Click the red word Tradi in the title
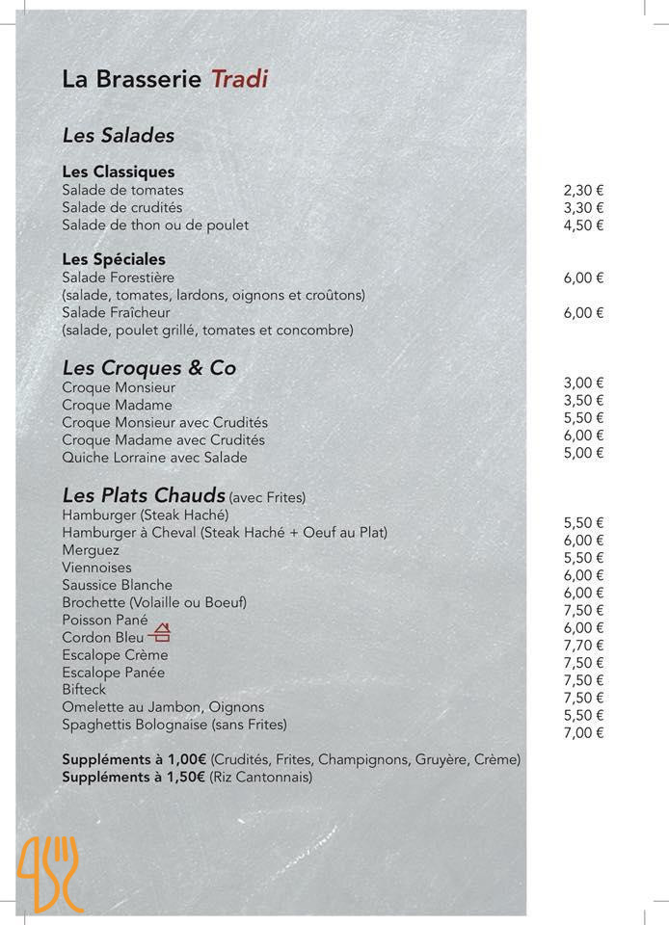coord(239,79)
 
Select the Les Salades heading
coord(118,136)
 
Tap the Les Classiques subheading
coord(119,172)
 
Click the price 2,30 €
coord(583,191)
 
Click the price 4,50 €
coord(583,225)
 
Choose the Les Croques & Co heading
coord(148,368)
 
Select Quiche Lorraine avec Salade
coord(154,458)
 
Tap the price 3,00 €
coord(583,383)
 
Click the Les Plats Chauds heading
coord(144,495)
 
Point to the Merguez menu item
coord(91,550)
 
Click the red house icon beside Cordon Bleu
coord(161,633)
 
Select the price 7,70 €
coord(583,646)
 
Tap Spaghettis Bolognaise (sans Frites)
coord(174,724)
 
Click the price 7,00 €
coord(583,733)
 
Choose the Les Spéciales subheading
coord(114,259)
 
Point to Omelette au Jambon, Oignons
coord(163,706)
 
